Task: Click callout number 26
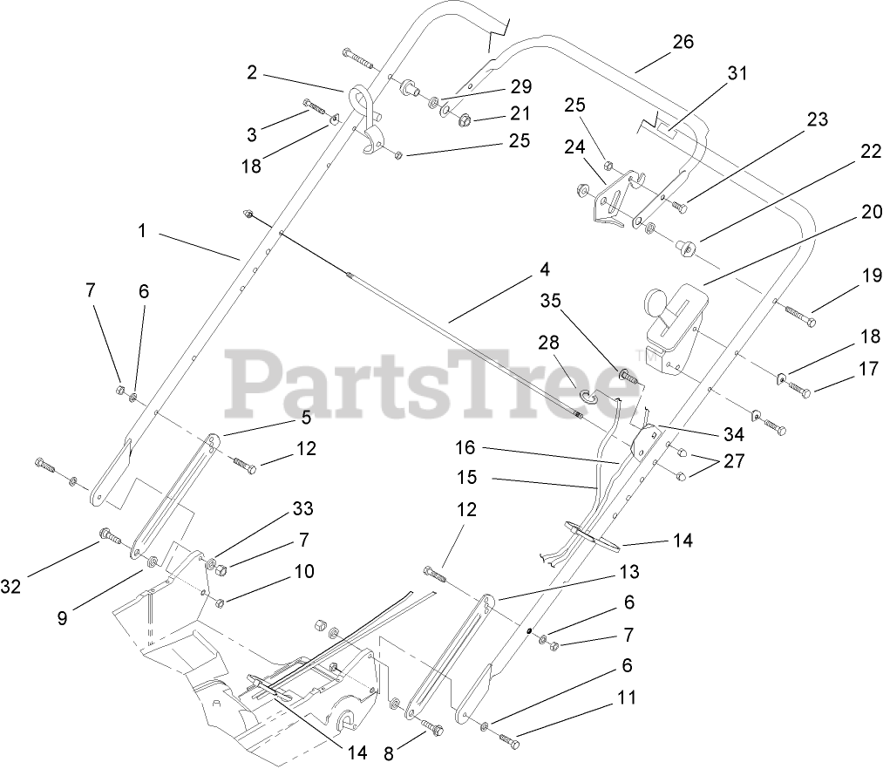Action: [683, 42]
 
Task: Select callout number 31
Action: [737, 74]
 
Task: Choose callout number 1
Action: [140, 231]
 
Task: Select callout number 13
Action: [629, 572]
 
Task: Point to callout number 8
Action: [389, 752]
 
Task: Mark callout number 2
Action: [252, 73]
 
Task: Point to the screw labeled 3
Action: [316, 110]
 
